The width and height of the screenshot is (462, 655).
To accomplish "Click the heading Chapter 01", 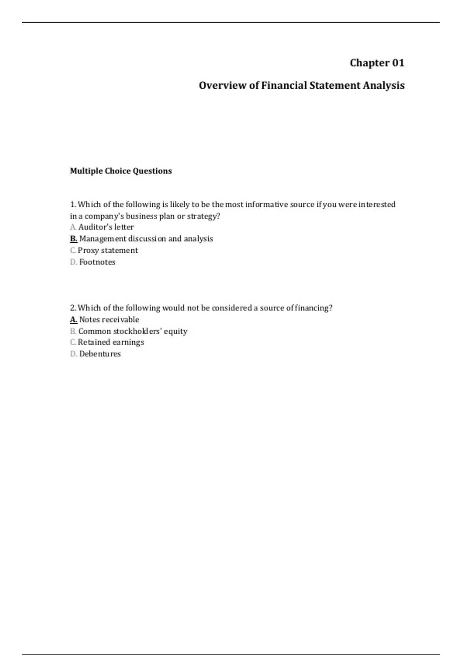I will (x=377, y=63).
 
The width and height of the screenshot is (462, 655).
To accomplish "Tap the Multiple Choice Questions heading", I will (x=121, y=171).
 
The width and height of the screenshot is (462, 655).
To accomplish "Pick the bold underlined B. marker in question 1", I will (x=74, y=239).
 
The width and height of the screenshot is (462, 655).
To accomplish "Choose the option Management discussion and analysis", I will (x=146, y=239).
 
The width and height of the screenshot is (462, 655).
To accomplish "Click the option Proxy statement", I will (x=108, y=250).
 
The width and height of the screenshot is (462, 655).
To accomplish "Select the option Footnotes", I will (x=97, y=262).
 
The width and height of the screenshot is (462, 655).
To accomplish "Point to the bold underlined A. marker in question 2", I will (x=74, y=319).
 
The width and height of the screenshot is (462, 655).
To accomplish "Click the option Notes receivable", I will (x=109, y=319).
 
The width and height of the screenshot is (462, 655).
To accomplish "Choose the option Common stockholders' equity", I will (x=133, y=331).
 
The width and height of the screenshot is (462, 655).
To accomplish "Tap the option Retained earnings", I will (x=111, y=342).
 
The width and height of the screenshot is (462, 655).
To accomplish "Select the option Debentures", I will (x=100, y=354).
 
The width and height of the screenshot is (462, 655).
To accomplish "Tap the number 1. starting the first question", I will (x=73, y=204).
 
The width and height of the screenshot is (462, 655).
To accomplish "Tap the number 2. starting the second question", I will (x=73, y=308).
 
